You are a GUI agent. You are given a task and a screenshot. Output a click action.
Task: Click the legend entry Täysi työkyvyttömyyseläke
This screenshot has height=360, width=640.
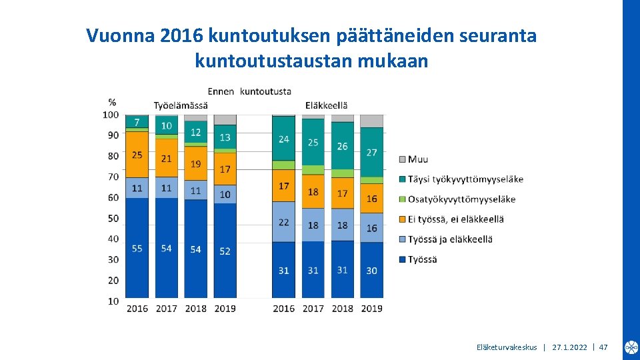465,179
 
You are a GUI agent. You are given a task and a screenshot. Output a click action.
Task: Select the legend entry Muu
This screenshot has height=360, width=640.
418,159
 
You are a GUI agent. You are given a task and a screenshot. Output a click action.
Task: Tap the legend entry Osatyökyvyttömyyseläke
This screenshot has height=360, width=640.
461,199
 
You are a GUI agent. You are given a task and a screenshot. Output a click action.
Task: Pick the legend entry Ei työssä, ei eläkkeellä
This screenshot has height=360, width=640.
456,219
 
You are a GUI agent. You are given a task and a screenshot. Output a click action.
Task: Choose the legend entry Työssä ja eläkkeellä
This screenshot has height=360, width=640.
450,239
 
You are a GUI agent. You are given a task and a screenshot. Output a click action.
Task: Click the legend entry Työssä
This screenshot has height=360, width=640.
423,259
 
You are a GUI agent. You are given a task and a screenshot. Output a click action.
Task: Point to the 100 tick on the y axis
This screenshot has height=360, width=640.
111,115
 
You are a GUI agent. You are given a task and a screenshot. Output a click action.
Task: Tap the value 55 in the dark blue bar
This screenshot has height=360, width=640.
137,249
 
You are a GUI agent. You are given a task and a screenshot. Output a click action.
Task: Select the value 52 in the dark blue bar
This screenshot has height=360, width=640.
225,251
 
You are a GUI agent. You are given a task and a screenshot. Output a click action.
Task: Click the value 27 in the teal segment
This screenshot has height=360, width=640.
372,153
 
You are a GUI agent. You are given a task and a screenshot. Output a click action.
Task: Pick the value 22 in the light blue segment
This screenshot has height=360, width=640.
283,222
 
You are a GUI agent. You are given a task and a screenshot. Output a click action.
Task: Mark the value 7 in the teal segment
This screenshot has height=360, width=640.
137,123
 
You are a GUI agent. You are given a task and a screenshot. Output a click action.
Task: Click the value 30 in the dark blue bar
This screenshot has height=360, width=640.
372,271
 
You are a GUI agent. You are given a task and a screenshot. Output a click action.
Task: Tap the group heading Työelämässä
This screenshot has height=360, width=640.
181,105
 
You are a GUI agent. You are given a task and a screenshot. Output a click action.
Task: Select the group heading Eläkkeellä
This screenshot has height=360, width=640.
327,105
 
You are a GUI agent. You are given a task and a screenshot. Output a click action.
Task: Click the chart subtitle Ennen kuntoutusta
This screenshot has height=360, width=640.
249,91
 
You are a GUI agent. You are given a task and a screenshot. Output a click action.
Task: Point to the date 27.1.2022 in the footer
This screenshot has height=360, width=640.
570,347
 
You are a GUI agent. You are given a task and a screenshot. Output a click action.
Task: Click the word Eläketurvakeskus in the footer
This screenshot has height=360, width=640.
507,347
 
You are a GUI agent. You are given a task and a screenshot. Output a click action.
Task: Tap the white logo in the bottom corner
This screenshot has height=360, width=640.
631,347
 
